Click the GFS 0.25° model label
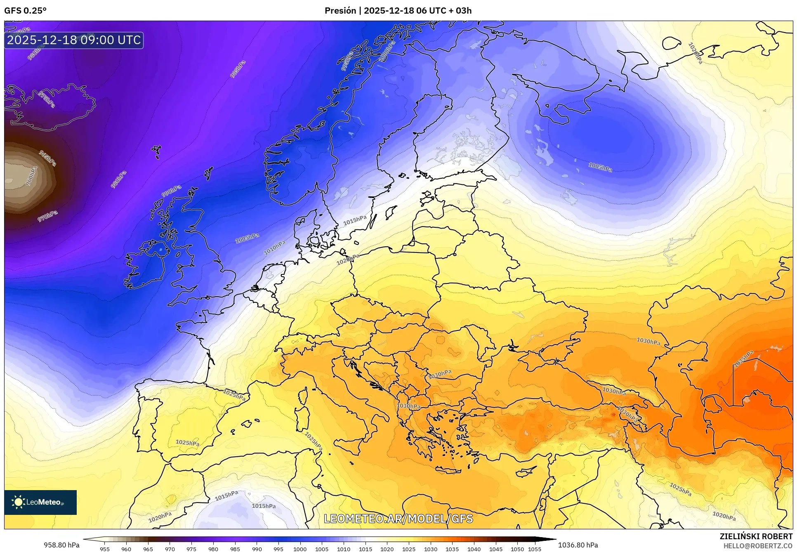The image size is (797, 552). (x=25, y=11)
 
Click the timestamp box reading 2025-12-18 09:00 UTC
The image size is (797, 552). (x=74, y=40)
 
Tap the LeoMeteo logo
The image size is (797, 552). (x=40, y=502)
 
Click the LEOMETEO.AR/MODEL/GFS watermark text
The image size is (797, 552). (x=398, y=519)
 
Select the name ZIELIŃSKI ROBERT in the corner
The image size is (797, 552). (x=756, y=536)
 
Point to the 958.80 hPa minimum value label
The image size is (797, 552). (x=61, y=545)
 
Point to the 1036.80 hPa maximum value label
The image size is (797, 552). (x=578, y=545)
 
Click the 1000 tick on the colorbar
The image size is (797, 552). (x=300, y=549)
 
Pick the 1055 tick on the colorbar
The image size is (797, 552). (x=535, y=549)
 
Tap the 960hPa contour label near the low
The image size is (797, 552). (x=31, y=176)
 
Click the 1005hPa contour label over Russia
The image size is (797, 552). (x=600, y=167)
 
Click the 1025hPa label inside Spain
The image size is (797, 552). (x=187, y=443)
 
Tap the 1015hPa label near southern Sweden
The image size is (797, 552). (x=355, y=220)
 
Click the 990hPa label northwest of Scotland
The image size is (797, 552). (x=171, y=191)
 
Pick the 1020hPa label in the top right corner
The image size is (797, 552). (x=695, y=53)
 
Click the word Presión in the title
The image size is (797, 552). (x=340, y=11)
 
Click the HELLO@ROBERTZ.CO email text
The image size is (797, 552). (x=757, y=546)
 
